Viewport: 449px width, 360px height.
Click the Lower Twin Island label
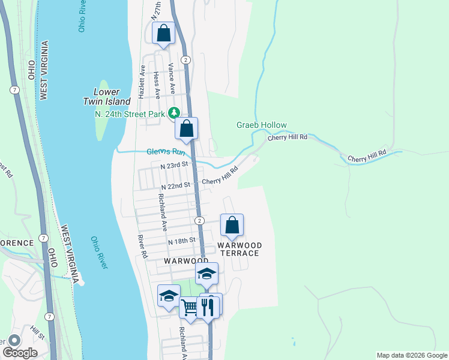[112, 97]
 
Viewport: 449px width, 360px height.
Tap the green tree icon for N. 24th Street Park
[174, 112]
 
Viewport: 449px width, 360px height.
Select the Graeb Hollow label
[261, 125]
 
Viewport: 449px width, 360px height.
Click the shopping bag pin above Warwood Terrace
[232, 226]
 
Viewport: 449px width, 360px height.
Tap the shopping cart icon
[190, 308]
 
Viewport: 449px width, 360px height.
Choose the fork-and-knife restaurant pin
[208, 307]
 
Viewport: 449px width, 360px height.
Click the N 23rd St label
[170, 164]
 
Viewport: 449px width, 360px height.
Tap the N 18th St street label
[182, 241]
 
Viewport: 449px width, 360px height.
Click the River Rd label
[142, 247]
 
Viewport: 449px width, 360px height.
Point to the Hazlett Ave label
[142, 82]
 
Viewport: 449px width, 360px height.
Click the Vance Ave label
[172, 79]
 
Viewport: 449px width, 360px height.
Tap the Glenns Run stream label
[166, 152]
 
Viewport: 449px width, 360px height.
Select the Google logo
[20, 353]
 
